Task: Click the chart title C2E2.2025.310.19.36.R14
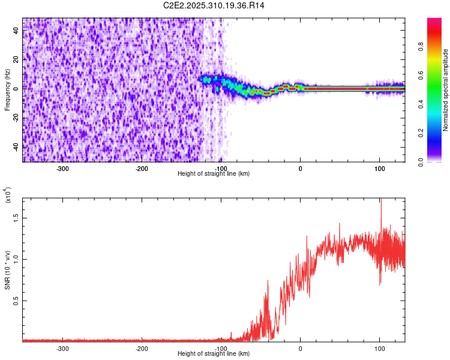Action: click(x=214, y=5)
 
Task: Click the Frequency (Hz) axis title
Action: click(x=7, y=90)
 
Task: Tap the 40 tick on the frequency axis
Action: click(x=16, y=31)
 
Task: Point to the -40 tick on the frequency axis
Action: click(x=15, y=147)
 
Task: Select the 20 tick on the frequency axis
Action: click(x=16, y=60)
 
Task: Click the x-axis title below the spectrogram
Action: click(x=214, y=174)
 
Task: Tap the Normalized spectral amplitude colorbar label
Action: click(x=446, y=90)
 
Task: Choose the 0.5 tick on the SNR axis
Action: click(x=16, y=301)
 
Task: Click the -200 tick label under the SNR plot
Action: click(x=142, y=348)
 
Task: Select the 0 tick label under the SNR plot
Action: click(x=301, y=348)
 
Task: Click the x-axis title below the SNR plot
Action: click(x=214, y=354)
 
